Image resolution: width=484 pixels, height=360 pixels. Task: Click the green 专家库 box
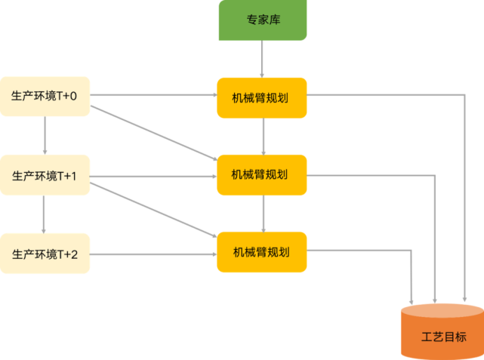coord(263,20)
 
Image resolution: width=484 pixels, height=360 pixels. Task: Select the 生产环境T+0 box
coord(45,96)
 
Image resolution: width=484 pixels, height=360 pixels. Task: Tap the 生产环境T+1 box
coord(45,175)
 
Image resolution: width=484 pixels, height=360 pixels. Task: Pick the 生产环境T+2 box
coord(45,254)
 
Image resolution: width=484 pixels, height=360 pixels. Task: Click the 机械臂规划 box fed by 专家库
coord(262,97)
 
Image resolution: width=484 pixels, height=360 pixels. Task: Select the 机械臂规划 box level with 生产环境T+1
coord(262,174)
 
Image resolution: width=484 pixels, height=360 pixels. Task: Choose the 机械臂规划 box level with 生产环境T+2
coord(262,252)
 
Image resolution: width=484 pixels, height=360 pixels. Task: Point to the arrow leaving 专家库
coord(263,59)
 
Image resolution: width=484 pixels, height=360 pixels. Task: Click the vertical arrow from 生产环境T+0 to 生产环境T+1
coord(45,135)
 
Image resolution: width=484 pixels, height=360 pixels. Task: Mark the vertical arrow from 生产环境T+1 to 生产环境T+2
coord(45,214)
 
